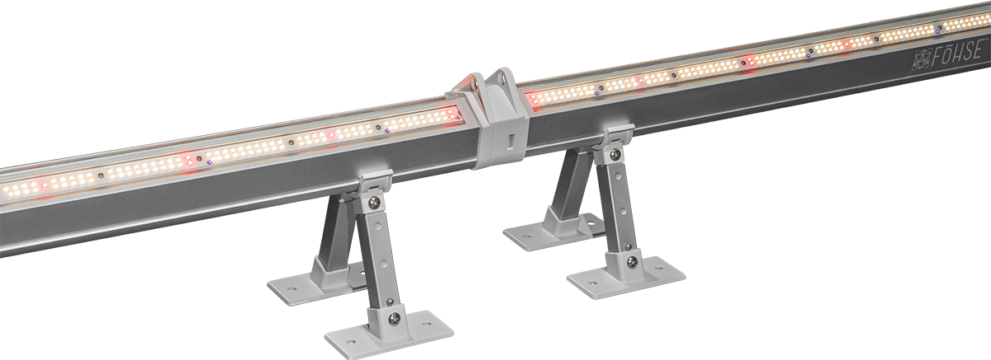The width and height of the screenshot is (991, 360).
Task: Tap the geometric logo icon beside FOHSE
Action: (922, 59)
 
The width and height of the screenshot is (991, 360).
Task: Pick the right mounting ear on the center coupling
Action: (500, 82)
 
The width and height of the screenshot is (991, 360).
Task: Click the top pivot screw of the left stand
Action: (376, 200)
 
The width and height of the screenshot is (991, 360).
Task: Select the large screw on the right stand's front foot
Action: (632, 262)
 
